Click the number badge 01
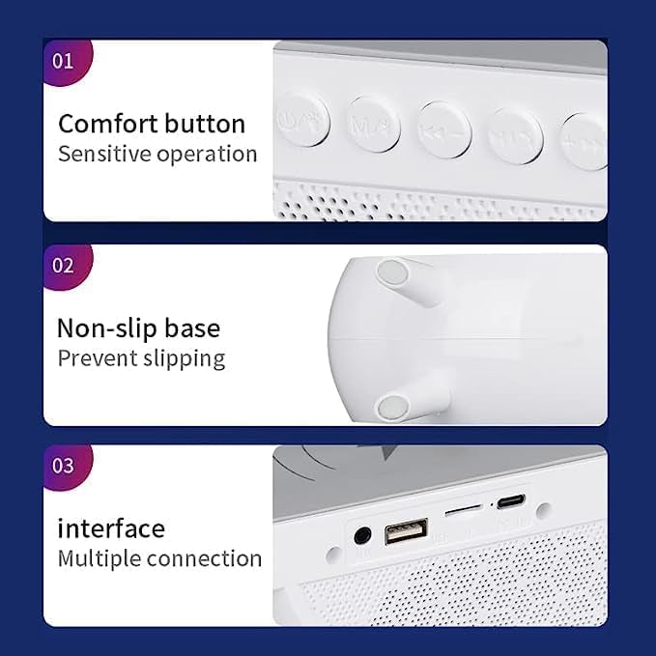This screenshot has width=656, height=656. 63,61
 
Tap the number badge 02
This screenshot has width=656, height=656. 63,265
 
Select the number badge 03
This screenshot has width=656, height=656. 63,466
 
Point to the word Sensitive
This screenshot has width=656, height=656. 100,154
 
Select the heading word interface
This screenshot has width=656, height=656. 111,528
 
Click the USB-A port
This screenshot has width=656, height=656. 407,531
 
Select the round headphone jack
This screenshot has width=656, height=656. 364,534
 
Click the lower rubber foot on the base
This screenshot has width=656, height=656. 391,407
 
